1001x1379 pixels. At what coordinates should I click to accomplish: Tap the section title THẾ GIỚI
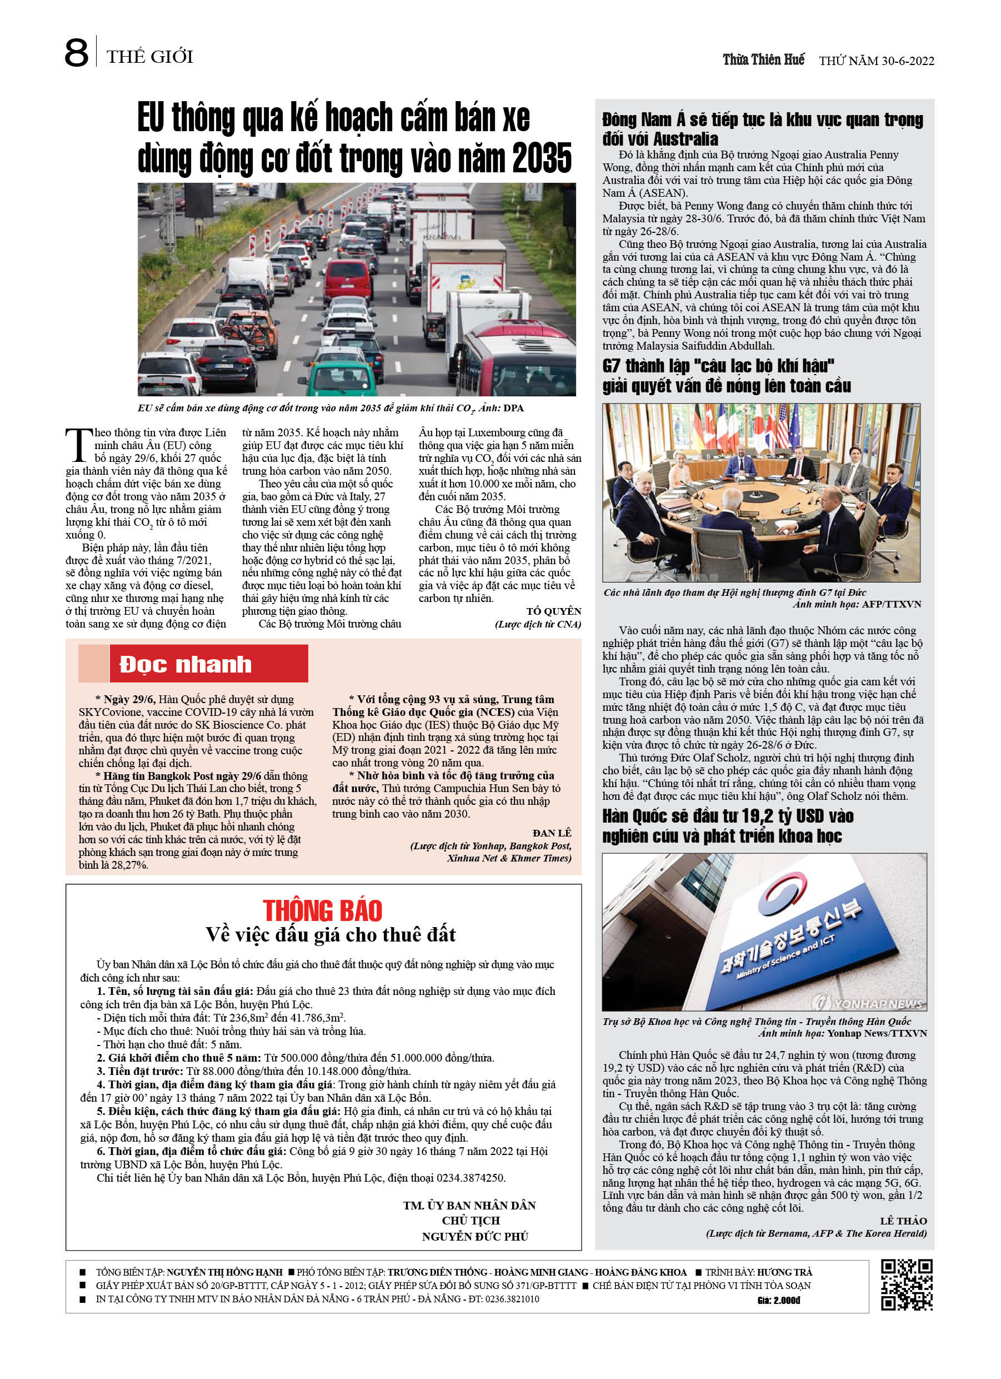click(x=149, y=57)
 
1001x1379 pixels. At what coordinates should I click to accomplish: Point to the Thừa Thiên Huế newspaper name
click(x=763, y=59)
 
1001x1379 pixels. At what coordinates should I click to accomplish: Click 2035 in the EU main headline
click(x=542, y=158)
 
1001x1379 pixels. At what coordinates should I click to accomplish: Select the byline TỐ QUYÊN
click(x=553, y=611)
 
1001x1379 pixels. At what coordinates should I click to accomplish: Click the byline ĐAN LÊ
click(x=551, y=833)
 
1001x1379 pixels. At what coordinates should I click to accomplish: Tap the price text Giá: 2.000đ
click(x=779, y=1301)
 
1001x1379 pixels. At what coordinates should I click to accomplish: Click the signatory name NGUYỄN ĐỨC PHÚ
click(x=475, y=1236)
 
